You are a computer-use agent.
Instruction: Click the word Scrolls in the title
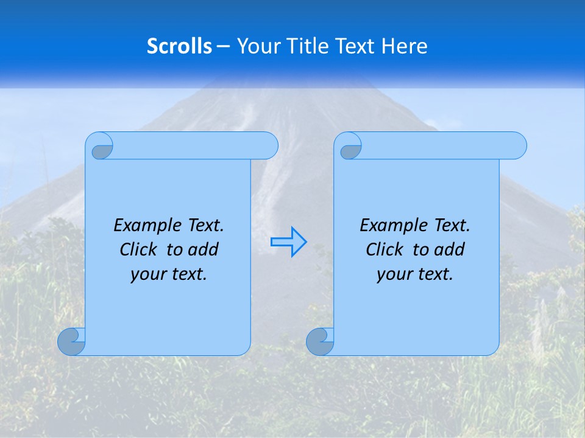pos(179,46)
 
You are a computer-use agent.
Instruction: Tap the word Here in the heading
pos(405,46)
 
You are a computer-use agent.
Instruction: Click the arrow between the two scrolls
pos(288,242)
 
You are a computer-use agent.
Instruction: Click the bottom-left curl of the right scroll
pos(320,342)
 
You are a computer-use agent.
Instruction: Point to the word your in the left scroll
pos(146,274)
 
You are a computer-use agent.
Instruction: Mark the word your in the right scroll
pos(392,274)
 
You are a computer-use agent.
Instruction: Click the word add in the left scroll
pos(204,249)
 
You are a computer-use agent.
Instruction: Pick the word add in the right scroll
pos(450,249)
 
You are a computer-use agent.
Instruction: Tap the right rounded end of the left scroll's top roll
pos(268,145)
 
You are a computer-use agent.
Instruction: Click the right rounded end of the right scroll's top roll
pos(517,145)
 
